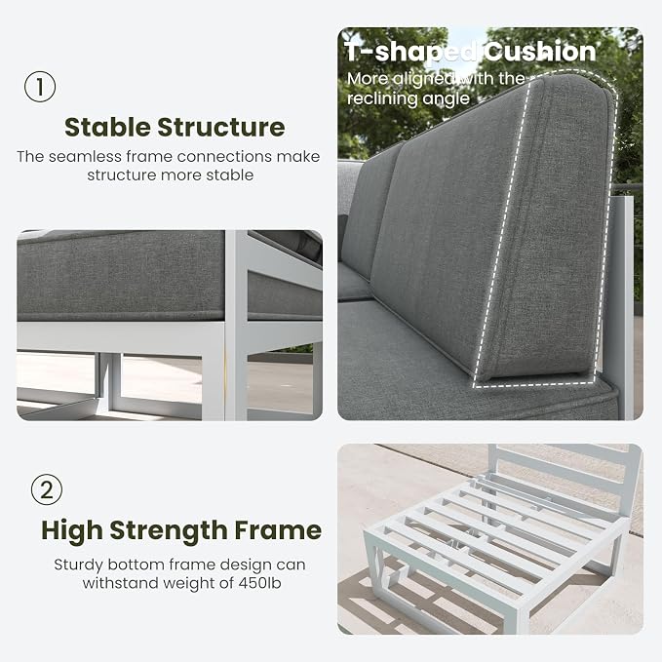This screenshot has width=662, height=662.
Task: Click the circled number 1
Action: [x=40, y=87]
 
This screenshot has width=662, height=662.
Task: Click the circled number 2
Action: [x=47, y=489]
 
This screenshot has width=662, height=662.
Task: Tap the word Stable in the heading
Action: [x=107, y=127]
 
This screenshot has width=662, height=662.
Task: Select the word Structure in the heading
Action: [x=221, y=127]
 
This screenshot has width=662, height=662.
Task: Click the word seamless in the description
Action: [x=85, y=157]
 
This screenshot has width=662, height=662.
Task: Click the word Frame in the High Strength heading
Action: [x=278, y=529]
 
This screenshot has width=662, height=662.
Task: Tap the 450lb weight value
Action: [x=259, y=583]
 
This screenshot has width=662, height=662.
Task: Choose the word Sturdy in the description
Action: [x=79, y=565]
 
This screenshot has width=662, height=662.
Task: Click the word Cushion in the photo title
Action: [x=539, y=52]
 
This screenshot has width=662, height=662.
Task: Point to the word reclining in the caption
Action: [x=381, y=98]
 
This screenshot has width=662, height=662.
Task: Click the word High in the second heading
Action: [x=72, y=530]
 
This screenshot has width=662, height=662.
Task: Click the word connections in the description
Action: [x=224, y=157]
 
